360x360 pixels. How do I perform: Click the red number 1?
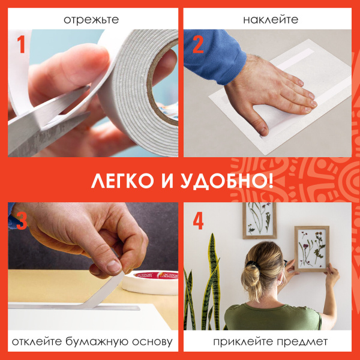(x=21, y=45)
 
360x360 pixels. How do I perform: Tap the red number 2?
(x=197, y=45)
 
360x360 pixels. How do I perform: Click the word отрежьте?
(x=91, y=19)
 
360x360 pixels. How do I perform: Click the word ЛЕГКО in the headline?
(x=124, y=181)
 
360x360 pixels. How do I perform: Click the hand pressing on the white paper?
(x=270, y=96)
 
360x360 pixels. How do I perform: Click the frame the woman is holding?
(x=311, y=248)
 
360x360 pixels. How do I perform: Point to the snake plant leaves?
(x=207, y=282)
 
